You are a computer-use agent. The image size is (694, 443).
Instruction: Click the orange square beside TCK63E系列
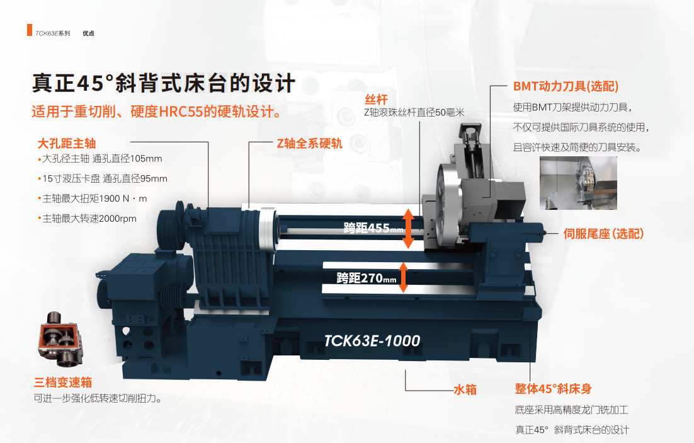(x=29, y=30)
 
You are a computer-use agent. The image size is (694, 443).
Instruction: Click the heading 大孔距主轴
(x=67, y=144)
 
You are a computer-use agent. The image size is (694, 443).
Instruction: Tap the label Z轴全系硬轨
(x=309, y=144)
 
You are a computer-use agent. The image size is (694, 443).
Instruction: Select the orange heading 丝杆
(x=376, y=99)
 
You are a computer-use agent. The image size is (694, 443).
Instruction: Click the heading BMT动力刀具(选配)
(x=566, y=86)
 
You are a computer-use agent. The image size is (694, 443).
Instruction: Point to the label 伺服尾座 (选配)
(x=603, y=233)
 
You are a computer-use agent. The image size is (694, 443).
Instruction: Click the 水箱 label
(x=465, y=389)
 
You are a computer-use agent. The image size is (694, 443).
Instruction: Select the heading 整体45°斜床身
(x=554, y=389)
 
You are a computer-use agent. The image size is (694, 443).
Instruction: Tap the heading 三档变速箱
(x=63, y=382)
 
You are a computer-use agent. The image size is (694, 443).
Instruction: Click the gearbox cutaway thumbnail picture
(x=60, y=339)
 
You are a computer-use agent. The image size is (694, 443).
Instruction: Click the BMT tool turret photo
(x=578, y=183)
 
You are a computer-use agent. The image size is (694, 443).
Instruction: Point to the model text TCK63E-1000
(x=372, y=341)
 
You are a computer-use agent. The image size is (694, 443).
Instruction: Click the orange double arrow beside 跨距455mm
(x=408, y=228)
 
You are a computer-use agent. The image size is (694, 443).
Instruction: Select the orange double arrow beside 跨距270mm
(x=403, y=277)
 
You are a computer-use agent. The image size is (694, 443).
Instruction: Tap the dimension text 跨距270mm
(x=367, y=278)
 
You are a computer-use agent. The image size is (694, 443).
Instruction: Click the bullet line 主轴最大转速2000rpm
(x=87, y=219)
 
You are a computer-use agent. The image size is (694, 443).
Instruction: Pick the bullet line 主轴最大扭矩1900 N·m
(x=93, y=198)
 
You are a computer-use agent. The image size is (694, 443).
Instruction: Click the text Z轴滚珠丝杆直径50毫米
(x=414, y=113)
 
